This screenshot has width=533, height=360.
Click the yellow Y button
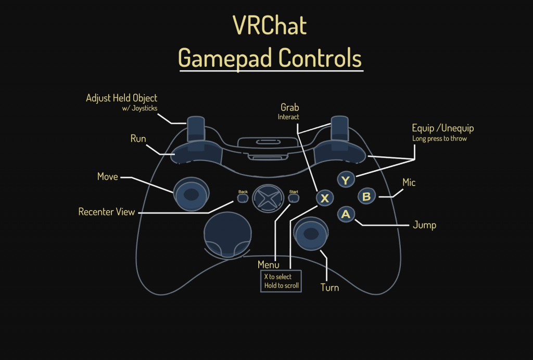point(346,180)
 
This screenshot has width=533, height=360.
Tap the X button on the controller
point(325,198)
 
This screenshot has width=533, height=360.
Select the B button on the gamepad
point(366,196)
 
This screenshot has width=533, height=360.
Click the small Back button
point(243,198)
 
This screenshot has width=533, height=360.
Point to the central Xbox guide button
point(266,199)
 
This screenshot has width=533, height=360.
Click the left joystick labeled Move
point(191,195)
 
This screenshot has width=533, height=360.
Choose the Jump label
point(424,225)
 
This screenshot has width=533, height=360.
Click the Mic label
point(409,183)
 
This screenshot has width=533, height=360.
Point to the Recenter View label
point(107,212)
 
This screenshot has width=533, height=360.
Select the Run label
point(138,139)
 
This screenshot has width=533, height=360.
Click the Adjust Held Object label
point(121,98)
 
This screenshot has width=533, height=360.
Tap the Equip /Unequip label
point(442,128)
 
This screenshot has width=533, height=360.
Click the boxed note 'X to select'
point(278,277)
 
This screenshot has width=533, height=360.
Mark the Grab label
point(289,108)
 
